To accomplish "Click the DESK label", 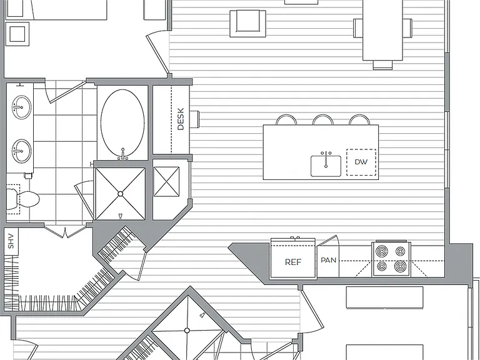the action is (181, 119).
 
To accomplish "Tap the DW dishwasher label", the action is (361, 162).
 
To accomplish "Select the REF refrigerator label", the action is (293, 262).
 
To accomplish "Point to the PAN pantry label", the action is (329, 260).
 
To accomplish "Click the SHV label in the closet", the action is (11, 241).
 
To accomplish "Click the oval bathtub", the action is (122, 122).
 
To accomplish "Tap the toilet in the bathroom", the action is (22, 199).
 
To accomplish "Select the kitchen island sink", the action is (326, 166).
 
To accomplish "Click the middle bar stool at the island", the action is (322, 120).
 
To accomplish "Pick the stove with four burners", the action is (391, 259).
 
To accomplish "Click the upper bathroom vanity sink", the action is (21, 107).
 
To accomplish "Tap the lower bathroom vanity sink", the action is (21, 151).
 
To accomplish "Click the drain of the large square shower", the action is (120, 194).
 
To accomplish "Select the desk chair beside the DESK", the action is (194, 119).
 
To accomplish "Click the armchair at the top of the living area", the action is (248, 24).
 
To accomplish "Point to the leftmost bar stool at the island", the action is (286, 120).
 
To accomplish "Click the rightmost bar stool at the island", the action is (359, 120).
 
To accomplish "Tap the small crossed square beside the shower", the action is (166, 181).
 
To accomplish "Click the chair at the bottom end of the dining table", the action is (382, 65).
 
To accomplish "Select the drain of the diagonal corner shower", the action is (187, 330).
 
